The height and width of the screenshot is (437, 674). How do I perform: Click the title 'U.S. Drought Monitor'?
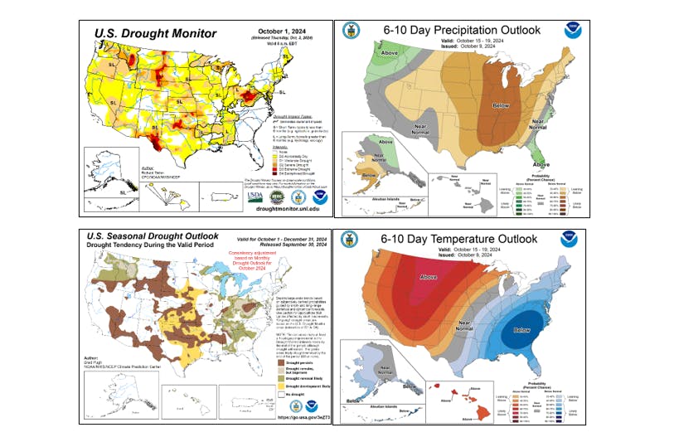point(155,33)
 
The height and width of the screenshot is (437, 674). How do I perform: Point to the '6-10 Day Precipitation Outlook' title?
point(462,31)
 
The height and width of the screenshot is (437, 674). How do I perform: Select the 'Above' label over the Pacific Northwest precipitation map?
point(366,53)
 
